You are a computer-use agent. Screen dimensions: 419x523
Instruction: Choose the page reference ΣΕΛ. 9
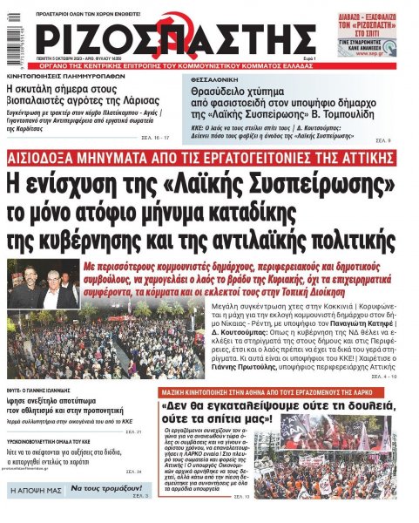(x=383, y=139)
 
